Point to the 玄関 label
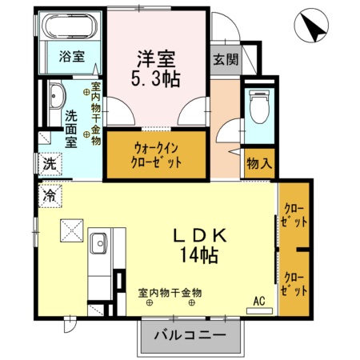click(x=225, y=58)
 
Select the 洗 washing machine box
click(x=49, y=162)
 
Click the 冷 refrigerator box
click(x=50, y=194)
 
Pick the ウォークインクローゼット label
click(x=157, y=153)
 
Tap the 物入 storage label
click(x=258, y=162)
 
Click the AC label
click(x=258, y=301)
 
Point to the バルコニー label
click(x=190, y=335)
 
